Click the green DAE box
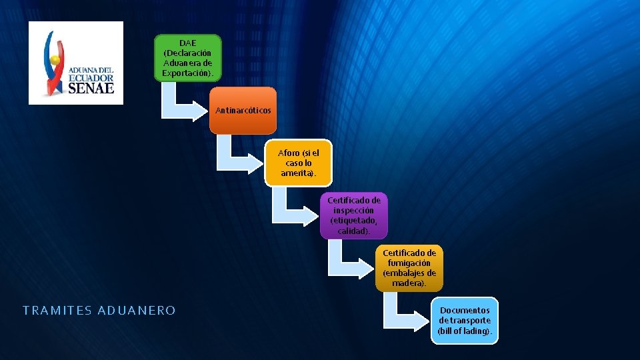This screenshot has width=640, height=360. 187,58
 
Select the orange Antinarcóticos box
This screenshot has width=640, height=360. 243,110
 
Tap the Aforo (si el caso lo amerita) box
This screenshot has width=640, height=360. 298,163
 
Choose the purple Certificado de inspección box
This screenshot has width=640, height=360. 353,215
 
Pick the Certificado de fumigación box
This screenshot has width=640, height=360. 409,268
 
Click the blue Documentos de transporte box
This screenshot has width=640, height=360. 464,321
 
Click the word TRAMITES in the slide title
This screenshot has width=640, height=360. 57,311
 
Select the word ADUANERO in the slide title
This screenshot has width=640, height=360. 137,311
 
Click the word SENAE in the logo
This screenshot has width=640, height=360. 91,87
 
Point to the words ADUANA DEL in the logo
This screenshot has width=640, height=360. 91,69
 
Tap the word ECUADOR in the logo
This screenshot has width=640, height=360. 91,77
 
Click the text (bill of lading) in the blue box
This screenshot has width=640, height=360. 465,331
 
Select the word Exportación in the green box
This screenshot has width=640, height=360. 188,72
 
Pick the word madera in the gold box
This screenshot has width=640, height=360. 408,283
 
